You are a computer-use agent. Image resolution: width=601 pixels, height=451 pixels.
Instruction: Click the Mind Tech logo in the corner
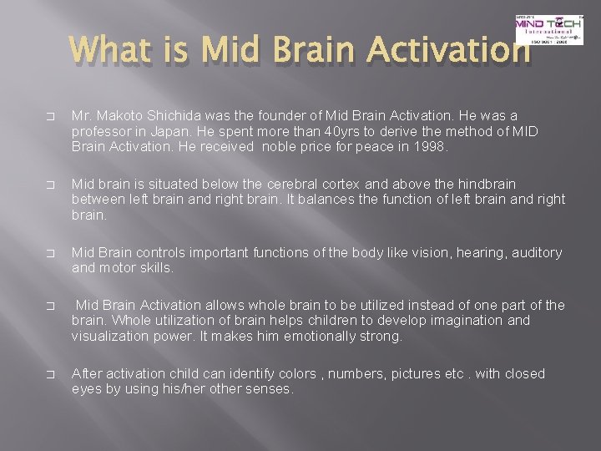tap(549, 29)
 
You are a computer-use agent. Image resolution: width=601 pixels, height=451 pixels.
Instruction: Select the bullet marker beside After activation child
tap(53, 374)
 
